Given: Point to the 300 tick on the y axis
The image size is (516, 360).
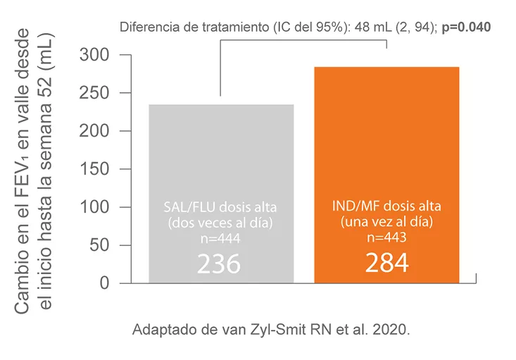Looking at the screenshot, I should [x=95, y=55].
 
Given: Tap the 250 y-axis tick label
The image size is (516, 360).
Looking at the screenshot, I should [x=95, y=93].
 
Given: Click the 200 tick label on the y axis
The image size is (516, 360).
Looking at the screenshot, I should [x=95, y=131].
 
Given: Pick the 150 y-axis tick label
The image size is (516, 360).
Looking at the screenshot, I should [x=95, y=169].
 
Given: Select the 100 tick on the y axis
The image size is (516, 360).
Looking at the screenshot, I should [x=95, y=207].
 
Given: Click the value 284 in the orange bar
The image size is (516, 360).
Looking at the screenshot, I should [x=386, y=262].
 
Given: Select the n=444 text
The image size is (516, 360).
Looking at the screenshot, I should [x=220, y=239].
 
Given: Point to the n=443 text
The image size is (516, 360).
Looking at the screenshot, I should [x=386, y=237].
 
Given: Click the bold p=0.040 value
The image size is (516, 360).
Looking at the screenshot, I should [x=466, y=27].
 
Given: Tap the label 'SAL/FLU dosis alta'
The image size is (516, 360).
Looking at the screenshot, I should [x=220, y=209].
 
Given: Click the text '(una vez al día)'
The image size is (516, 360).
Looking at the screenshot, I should [x=386, y=222].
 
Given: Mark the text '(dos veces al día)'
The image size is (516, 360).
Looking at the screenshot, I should [x=220, y=224].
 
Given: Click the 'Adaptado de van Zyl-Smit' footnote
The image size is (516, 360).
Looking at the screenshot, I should [x=270, y=330].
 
